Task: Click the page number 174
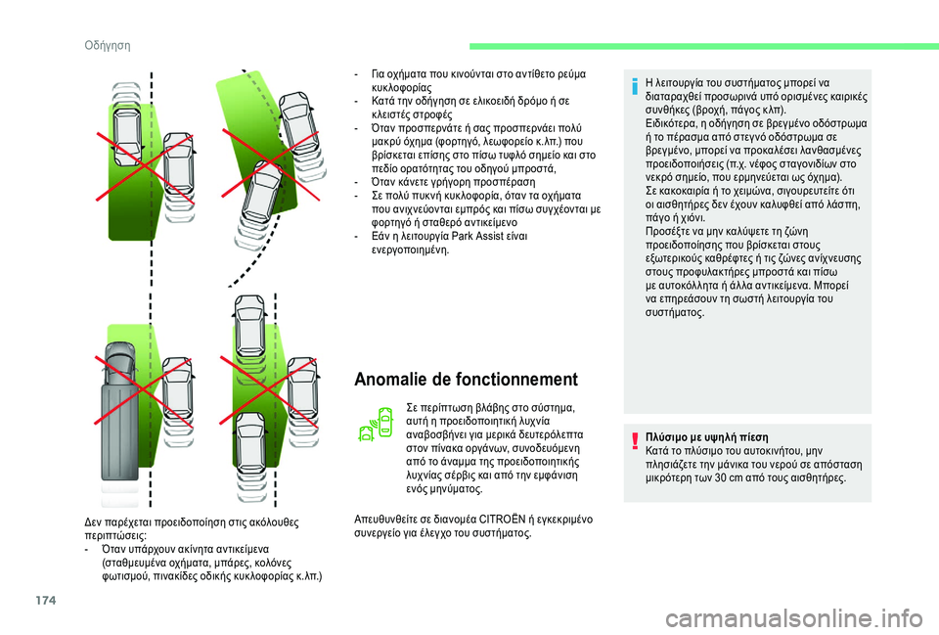(x=46, y=600)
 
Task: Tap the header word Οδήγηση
(x=108, y=46)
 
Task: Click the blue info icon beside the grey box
(x=634, y=86)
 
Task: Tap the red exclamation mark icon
(x=634, y=440)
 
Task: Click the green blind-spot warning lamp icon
(x=376, y=424)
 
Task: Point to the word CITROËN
(x=503, y=519)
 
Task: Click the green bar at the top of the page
(x=703, y=46)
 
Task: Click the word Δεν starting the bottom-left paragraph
(x=94, y=522)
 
